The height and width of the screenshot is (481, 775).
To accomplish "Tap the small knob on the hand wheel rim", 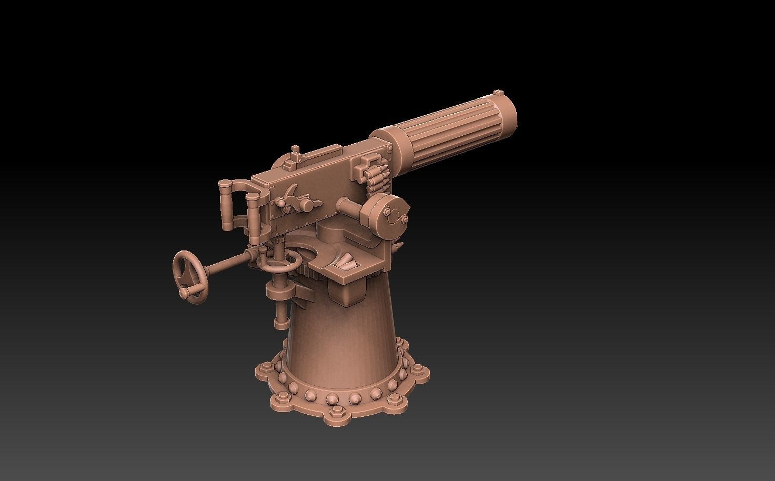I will point(184,293).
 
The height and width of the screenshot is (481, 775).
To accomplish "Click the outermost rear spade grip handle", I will point(226,205).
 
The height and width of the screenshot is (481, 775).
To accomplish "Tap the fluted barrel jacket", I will point(452,126).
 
